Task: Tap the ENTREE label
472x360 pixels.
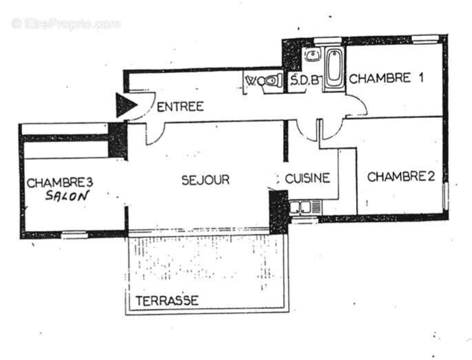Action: pos(181,106)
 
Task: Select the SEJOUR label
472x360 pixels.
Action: pos(205,180)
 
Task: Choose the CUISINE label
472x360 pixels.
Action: pos(308,178)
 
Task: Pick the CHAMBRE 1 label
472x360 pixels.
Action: pos(386,78)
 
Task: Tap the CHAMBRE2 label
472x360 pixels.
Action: pos(400,177)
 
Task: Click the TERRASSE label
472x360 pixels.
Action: pos(167,301)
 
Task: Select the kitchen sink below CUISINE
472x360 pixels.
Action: pos(304,206)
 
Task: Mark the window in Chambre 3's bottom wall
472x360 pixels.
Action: pos(74,235)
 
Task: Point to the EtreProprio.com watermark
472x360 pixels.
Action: pos(66,24)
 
